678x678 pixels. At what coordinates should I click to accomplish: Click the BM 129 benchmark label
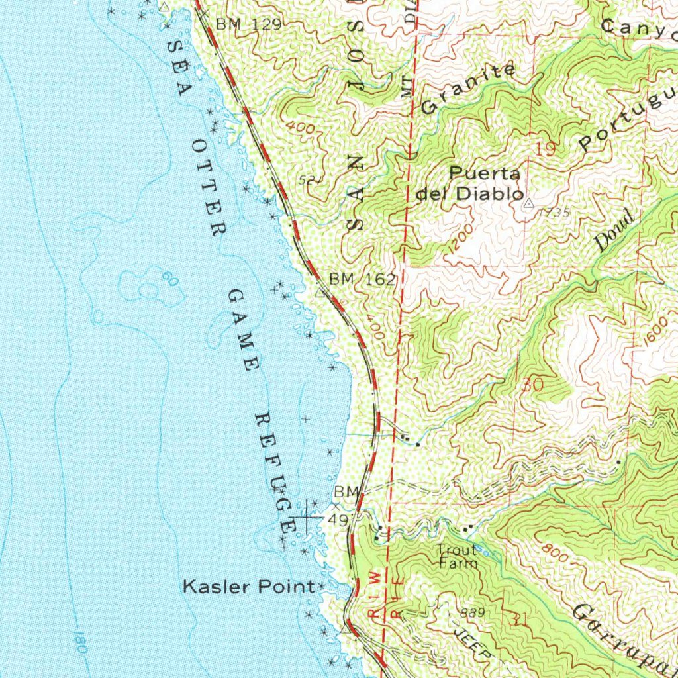click(x=248, y=24)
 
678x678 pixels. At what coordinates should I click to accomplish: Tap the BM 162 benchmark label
click(x=362, y=279)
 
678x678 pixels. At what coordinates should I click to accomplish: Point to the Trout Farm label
click(x=458, y=557)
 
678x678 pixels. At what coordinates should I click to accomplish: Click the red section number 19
click(x=546, y=150)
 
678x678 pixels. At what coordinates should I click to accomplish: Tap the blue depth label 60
click(x=170, y=281)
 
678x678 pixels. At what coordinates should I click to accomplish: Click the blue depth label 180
click(x=79, y=642)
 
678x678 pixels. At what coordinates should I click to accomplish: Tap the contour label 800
click(x=554, y=554)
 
